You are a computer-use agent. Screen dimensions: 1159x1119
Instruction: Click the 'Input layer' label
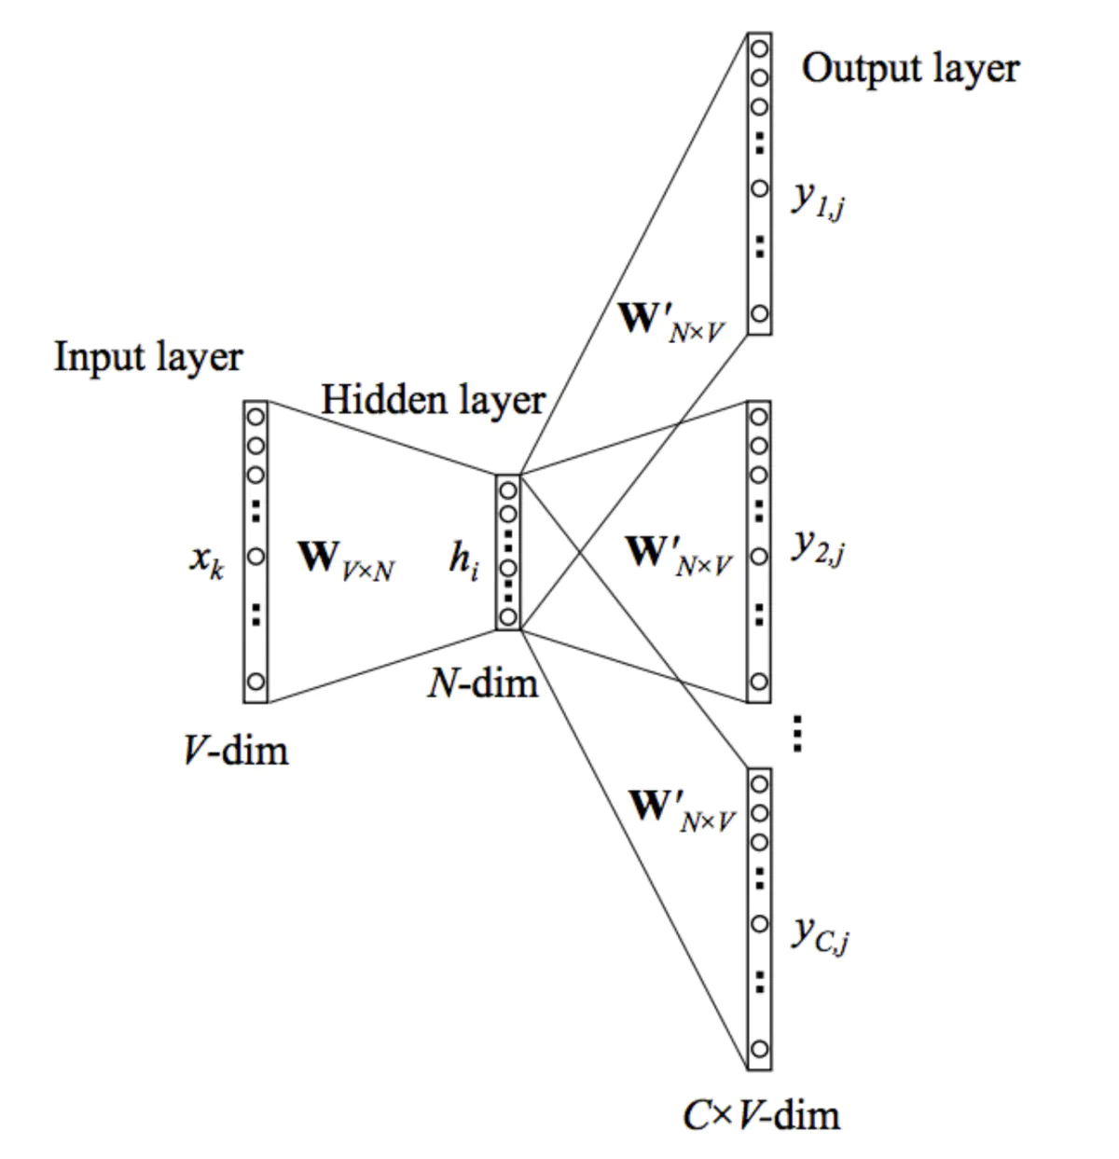tap(148, 358)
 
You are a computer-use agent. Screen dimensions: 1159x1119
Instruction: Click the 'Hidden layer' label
tap(433, 401)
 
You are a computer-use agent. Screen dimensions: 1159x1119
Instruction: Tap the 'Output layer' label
tap(910, 69)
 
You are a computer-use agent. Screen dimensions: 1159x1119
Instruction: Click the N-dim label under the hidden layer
tap(483, 683)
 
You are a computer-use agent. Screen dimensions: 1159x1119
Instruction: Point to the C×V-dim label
tap(761, 1115)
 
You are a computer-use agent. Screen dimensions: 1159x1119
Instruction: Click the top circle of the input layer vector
tap(256, 416)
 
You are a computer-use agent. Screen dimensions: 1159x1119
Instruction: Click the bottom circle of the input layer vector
tap(256, 683)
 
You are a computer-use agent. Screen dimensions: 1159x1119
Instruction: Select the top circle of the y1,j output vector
tap(759, 48)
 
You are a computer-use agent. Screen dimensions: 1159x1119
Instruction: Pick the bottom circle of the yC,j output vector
tap(759, 1050)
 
